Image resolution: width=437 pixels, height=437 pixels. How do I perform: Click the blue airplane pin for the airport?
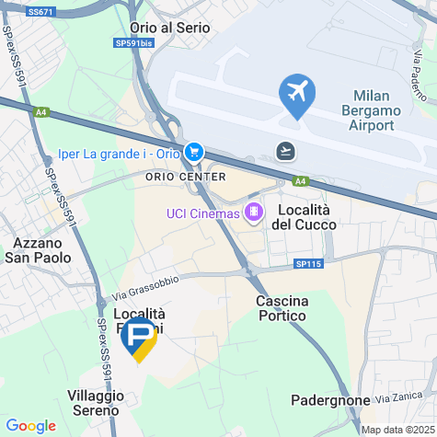click(297, 93)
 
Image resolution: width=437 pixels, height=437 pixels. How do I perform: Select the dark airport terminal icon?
click(286, 150)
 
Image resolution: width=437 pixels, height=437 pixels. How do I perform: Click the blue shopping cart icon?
click(193, 151)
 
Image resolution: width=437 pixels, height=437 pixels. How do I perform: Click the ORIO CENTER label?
click(186, 177)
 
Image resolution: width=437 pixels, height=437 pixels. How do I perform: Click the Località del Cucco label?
click(303, 217)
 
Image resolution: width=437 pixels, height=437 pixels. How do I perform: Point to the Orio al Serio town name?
click(171, 28)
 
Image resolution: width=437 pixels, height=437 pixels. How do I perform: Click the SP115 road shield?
click(310, 265)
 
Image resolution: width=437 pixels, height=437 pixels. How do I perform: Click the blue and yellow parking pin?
click(139, 341)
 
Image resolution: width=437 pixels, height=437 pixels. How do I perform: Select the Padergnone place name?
click(329, 400)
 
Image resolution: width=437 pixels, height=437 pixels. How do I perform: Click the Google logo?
click(30, 426)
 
